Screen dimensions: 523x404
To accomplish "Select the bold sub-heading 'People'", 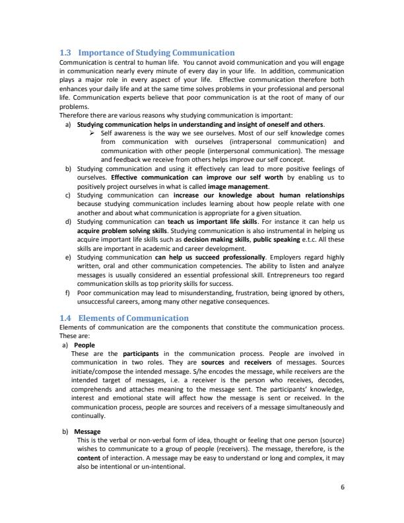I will (84, 345).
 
